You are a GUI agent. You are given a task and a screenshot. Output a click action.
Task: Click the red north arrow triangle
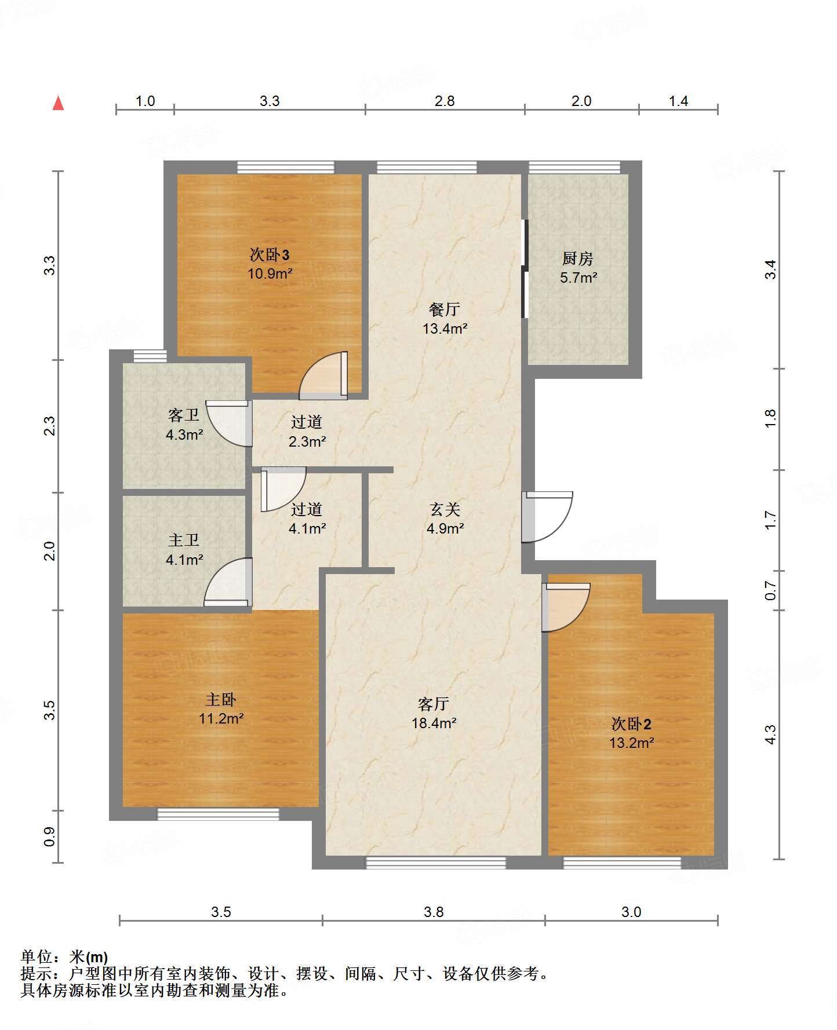[58, 103]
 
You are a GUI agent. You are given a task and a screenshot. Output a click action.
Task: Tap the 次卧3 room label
[270, 254]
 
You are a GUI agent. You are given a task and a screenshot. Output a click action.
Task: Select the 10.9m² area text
[270, 273]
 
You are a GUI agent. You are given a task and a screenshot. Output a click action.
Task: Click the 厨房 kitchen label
[578, 258]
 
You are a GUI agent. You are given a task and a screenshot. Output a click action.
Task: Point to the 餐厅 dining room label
[445, 309]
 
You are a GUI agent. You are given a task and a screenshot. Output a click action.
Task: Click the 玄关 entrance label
[445, 509]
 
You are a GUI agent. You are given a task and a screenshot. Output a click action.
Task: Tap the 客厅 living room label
[434, 704]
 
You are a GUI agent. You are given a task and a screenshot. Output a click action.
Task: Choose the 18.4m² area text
[434, 723]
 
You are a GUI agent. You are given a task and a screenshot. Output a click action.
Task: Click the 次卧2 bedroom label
[631, 724]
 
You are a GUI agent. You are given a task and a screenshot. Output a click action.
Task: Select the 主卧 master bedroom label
[221, 699]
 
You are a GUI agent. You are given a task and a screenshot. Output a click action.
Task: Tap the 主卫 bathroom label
[184, 540]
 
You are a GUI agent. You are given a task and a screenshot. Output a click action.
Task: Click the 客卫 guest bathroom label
[184, 415]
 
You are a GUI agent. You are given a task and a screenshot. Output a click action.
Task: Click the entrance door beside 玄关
[547, 517]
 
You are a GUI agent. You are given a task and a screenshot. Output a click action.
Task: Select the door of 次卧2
[566, 607]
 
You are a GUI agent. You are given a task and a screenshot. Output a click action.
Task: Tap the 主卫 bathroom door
[228, 582]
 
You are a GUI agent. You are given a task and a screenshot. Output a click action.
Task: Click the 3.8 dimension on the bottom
[434, 912]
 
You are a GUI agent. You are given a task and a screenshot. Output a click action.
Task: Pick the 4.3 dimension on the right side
[770, 735]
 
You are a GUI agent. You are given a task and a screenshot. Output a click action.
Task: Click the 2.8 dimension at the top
[445, 101]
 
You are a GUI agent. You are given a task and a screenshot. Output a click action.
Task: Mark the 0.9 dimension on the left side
[50, 836]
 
